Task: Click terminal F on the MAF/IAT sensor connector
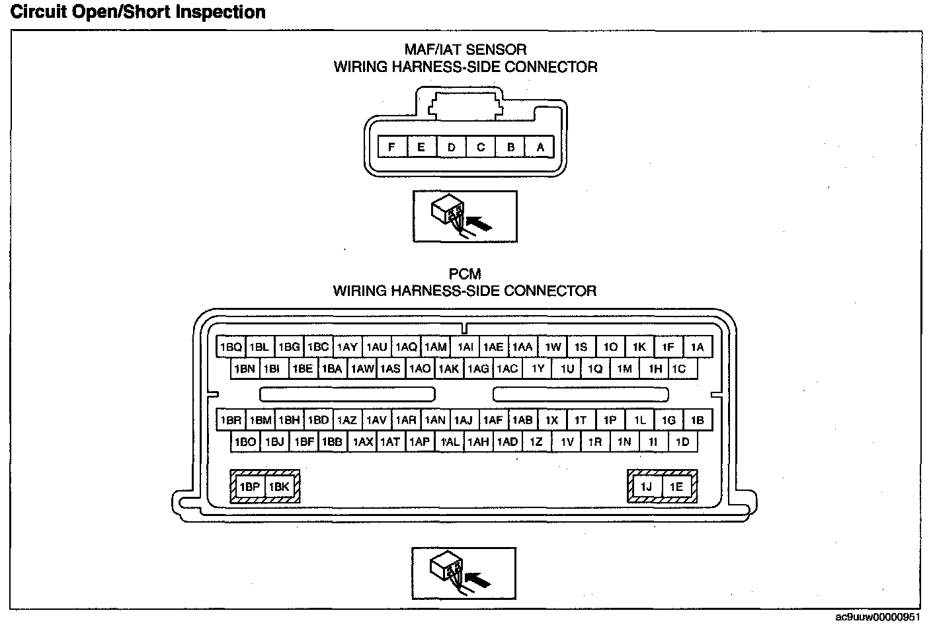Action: click(392, 147)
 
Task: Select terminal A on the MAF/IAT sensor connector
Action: click(540, 147)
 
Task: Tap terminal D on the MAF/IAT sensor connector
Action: click(452, 147)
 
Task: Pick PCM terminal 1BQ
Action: click(231, 347)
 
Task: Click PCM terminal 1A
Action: click(697, 347)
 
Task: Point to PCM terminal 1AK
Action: click(448, 369)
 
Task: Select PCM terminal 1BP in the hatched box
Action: click(250, 487)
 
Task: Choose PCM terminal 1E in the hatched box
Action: click(676, 487)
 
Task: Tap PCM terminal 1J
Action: click(646, 487)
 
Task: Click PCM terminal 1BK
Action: click(279, 487)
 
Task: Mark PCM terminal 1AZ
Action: click(346, 420)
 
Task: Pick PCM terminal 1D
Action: click(682, 442)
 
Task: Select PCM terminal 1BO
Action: click(245, 442)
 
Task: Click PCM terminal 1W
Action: click(553, 347)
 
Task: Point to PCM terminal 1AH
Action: click(477, 442)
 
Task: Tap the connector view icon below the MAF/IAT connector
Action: click(464, 217)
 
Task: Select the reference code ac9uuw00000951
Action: click(877, 617)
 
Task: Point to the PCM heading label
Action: click(465, 274)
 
